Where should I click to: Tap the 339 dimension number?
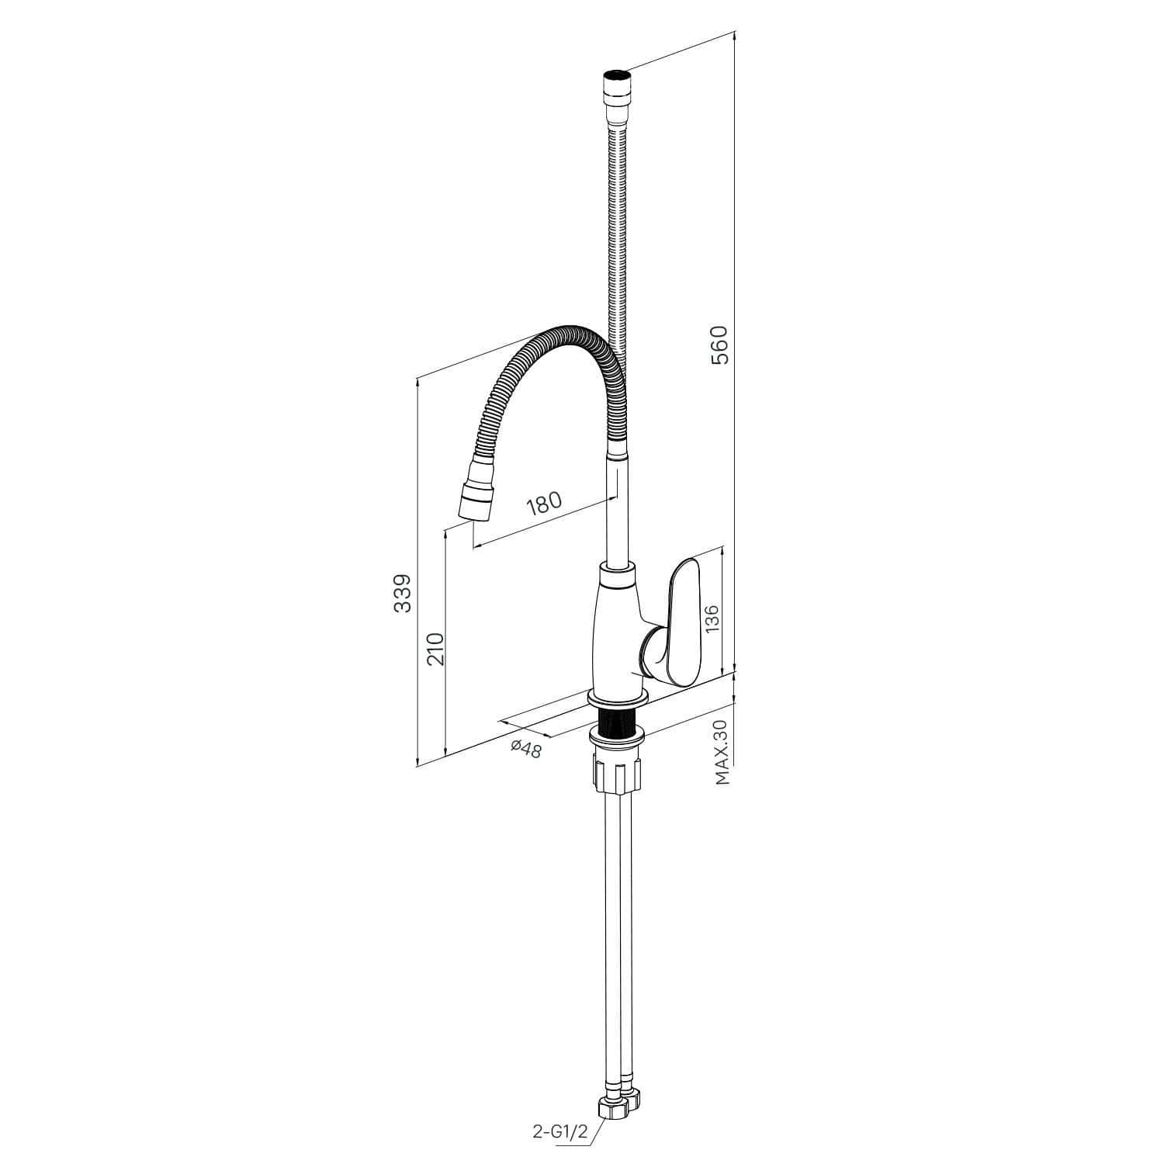pos(402,594)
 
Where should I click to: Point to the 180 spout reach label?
pos(543,504)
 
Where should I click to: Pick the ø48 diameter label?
pos(525,748)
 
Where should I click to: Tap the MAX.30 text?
pos(723,753)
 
